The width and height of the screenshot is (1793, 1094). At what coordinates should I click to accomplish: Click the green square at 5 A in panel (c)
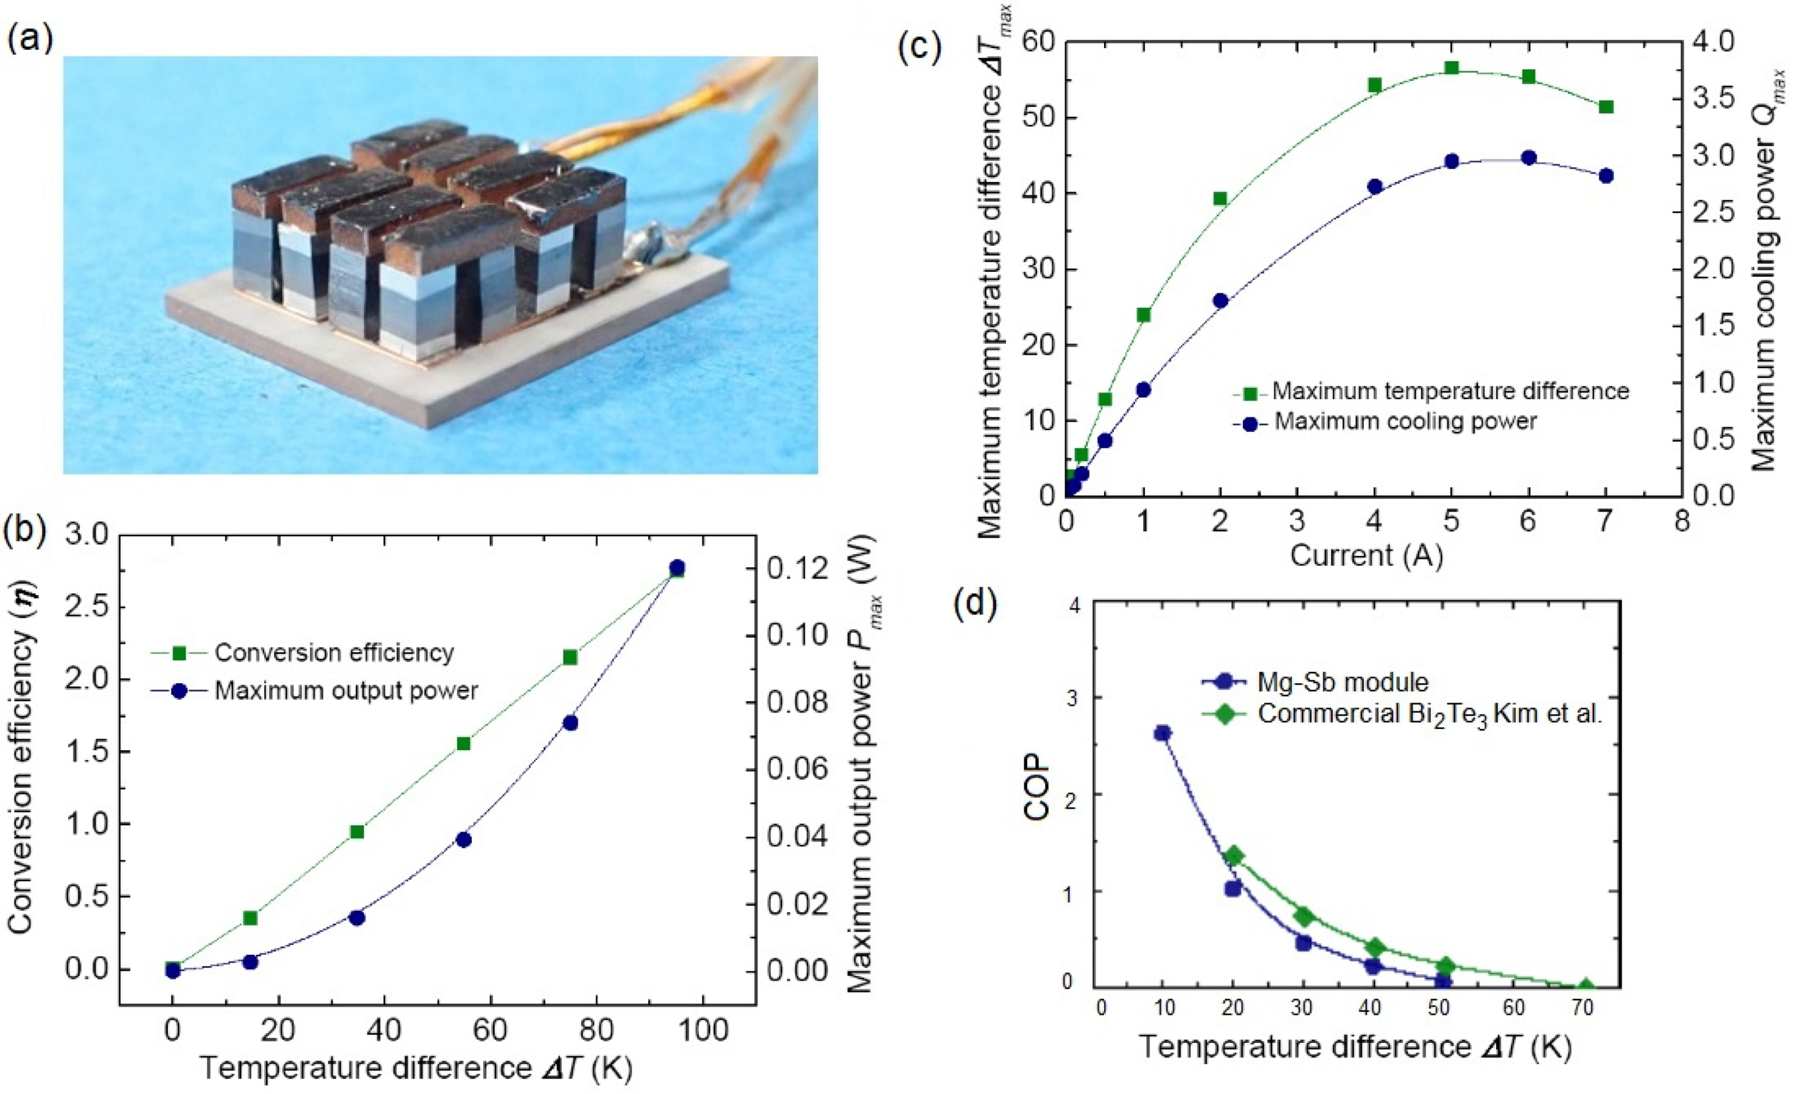[x=1452, y=68]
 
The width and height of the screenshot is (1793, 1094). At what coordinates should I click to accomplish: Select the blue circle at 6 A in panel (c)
[x=1529, y=158]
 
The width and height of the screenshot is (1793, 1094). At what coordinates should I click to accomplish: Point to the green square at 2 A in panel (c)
[x=1220, y=198]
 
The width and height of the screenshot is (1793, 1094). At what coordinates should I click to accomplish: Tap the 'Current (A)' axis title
[x=1366, y=555]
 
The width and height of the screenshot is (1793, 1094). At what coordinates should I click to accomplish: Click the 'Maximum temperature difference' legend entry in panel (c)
[x=1450, y=391]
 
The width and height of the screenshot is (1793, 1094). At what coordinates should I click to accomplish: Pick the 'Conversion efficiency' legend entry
[x=334, y=652]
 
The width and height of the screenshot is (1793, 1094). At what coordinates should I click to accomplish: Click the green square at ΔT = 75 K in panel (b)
[x=570, y=657]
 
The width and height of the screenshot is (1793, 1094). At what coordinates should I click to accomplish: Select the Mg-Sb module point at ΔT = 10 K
[x=1162, y=733]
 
